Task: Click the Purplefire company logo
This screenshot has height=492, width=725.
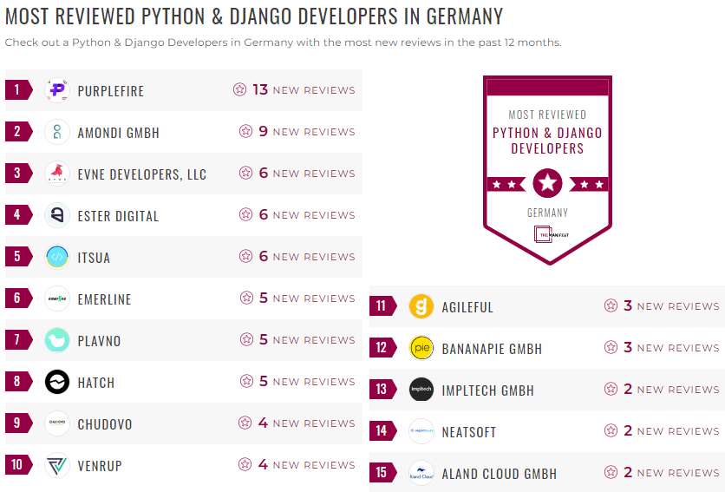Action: click(x=57, y=90)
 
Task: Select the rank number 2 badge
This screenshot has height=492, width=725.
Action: click(x=17, y=132)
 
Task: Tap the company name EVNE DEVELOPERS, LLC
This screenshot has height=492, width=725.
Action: click(x=142, y=174)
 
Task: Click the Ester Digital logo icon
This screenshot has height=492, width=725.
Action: click(x=57, y=215)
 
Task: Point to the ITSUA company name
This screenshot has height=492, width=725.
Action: click(x=94, y=258)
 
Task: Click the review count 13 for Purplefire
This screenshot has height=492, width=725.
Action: click(x=260, y=90)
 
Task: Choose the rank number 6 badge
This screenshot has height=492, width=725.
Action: click(x=17, y=298)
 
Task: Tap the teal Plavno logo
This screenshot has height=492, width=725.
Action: click(x=57, y=340)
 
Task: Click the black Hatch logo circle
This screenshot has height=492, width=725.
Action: click(x=57, y=382)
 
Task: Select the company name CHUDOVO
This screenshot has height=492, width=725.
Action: click(x=105, y=424)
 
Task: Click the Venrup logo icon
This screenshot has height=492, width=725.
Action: click(x=57, y=465)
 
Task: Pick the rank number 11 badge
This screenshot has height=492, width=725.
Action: click(x=382, y=306)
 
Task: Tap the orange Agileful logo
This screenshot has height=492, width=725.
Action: click(x=421, y=306)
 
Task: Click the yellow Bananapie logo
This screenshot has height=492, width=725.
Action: click(x=421, y=348)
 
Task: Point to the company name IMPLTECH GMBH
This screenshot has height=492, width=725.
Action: click(x=488, y=390)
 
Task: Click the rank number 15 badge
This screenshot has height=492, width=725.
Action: click(x=382, y=473)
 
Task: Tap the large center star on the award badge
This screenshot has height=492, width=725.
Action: click(x=547, y=183)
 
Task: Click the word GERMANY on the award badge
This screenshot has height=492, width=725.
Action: click(x=547, y=213)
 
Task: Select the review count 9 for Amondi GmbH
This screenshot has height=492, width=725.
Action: click(x=264, y=132)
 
